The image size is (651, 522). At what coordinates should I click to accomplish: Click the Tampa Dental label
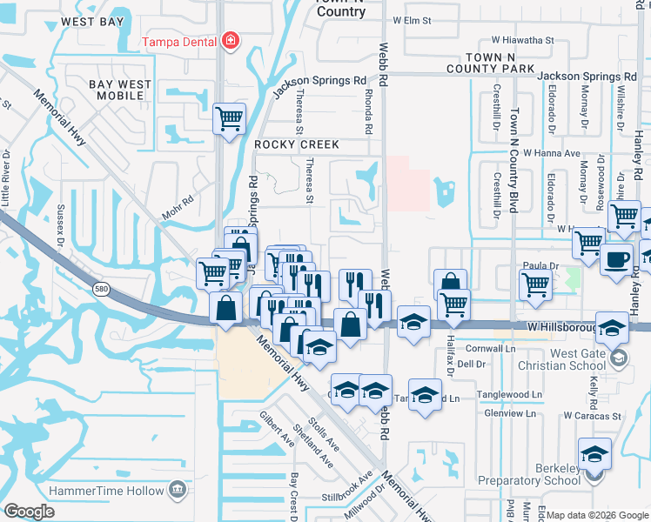(181, 40)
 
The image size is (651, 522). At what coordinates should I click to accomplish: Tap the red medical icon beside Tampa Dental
(230, 40)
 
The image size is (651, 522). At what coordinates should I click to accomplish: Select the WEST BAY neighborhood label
(92, 20)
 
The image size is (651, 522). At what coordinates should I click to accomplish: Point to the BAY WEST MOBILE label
(120, 91)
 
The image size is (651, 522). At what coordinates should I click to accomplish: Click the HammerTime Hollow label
(107, 491)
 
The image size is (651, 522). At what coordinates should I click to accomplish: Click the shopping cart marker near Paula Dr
(536, 283)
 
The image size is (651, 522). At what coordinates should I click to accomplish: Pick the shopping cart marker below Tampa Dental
(229, 117)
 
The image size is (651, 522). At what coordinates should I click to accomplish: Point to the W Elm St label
(413, 19)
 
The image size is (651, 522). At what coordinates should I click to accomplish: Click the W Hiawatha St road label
(522, 40)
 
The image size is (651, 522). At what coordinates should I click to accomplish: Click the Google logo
(29, 512)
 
